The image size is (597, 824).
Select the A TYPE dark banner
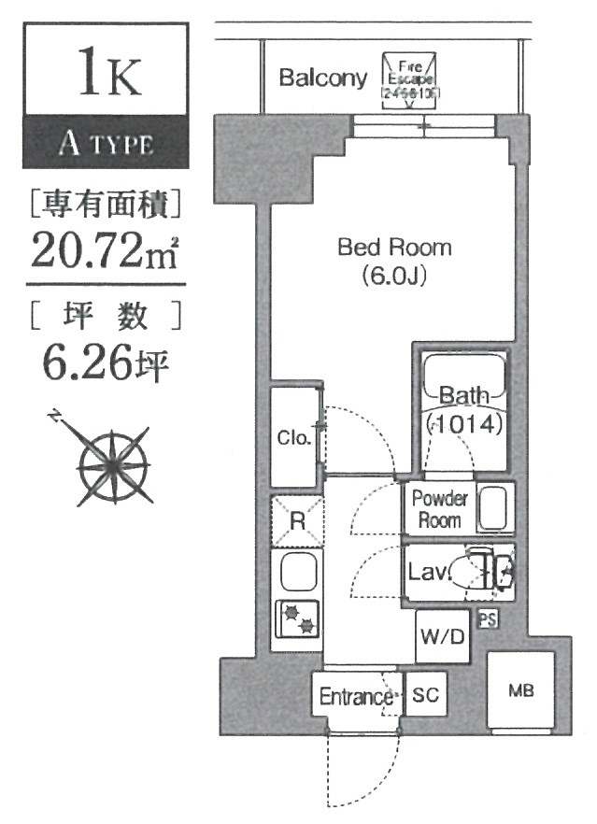(x=106, y=145)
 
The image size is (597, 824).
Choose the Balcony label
(x=323, y=78)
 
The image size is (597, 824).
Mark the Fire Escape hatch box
(x=410, y=80)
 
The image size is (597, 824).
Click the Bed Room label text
(x=393, y=249)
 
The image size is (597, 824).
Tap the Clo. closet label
(x=293, y=437)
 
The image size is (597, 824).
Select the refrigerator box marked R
(x=296, y=520)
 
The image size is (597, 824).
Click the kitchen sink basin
(x=297, y=573)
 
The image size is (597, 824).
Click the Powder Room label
(x=439, y=509)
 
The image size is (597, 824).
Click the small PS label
(x=487, y=618)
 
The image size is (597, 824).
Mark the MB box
(x=520, y=692)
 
